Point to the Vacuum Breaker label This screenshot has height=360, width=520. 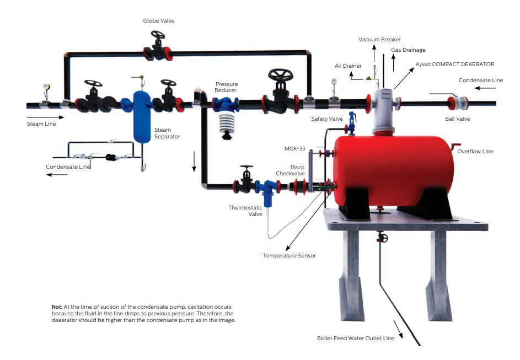pos(379,40)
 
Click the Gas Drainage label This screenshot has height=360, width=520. pos(408,50)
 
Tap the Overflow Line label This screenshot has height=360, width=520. pos(475,152)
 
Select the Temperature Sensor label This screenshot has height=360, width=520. pos(289,256)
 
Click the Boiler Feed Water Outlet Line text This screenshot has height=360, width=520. pos(355,338)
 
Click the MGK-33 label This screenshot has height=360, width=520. pos(294,148)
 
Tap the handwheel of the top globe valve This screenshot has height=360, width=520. pos(158,36)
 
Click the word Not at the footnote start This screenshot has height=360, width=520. pos(57,306)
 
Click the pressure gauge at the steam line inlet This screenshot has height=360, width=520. pos(46,88)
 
